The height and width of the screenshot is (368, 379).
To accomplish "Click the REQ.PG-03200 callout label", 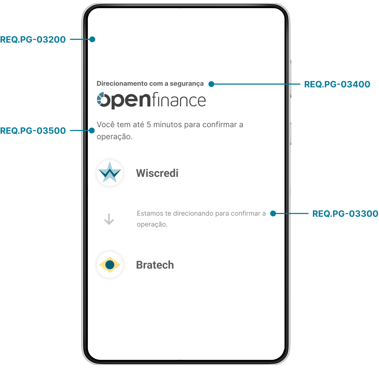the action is (x=33, y=39).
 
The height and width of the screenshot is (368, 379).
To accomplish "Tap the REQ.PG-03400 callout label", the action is (x=337, y=84).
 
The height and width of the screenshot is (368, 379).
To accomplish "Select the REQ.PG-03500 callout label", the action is (x=33, y=130).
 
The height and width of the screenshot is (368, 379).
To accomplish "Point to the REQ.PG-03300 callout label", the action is (x=345, y=213).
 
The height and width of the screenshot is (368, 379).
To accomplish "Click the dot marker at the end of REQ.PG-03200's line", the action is (x=92, y=39).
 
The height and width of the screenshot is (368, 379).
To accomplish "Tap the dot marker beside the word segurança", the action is (x=211, y=84).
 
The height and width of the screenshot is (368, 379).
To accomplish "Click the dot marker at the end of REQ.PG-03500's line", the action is (x=92, y=130).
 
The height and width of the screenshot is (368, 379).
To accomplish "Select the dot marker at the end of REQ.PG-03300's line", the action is (x=273, y=213).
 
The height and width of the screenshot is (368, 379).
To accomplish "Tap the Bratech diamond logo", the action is (x=110, y=265).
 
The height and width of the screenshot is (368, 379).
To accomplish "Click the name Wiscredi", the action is (x=157, y=173).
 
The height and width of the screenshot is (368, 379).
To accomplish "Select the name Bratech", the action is (x=155, y=265).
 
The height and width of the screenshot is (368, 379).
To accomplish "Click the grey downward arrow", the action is (x=109, y=219).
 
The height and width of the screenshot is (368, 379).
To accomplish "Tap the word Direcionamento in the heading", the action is (x=122, y=83).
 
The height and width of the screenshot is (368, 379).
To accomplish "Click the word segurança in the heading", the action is (x=186, y=84).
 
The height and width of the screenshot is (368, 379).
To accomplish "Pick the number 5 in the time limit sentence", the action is (x=149, y=124).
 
